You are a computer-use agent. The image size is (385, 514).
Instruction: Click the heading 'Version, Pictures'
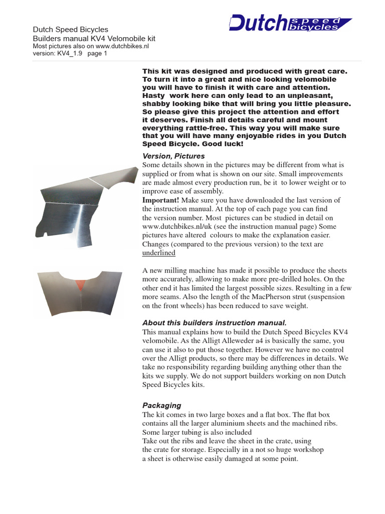(x=173, y=156)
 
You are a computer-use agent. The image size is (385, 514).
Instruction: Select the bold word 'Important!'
(x=160, y=200)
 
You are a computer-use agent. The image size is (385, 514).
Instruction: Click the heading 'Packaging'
(x=161, y=405)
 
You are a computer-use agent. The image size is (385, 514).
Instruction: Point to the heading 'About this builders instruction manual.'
(x=215, y=322)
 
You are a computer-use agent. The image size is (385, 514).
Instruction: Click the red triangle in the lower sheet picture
(x=80, y=288)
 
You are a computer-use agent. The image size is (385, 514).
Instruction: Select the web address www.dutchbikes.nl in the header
(x=121, y=46)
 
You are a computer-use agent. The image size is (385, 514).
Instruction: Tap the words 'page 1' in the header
(x=98, y=54)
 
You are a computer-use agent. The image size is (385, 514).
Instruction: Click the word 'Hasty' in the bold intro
(x=153, y=95)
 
